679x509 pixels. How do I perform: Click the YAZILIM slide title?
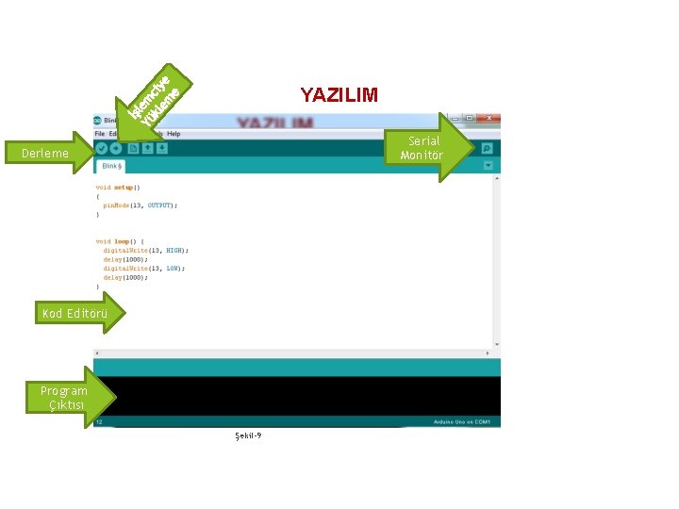(x=339, y=95)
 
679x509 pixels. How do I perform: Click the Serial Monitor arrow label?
(x=421, y=148)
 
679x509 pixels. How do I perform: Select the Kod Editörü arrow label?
(x=75, y=313)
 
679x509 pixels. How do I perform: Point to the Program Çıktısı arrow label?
(x=63, y=397)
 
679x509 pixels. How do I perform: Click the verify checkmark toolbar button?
(x=101, y=148)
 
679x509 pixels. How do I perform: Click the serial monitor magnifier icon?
(x=487, y=148)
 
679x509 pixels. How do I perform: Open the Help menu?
(x=174, y=134)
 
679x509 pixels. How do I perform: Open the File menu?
(x=99, y=134)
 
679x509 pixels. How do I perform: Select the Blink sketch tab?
(x=112, y=166)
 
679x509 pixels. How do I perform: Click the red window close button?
(x=490, y=119)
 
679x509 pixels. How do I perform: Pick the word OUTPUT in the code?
(x=158, y=205)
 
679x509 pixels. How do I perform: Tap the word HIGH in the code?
(x=175, y=250)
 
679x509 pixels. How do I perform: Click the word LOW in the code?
(x=174, y=268)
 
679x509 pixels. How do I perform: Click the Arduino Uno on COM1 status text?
(x=461, y=421)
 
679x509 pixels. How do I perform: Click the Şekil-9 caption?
(x=248, y=435)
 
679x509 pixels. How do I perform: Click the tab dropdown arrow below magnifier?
(x=488, y=165)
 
